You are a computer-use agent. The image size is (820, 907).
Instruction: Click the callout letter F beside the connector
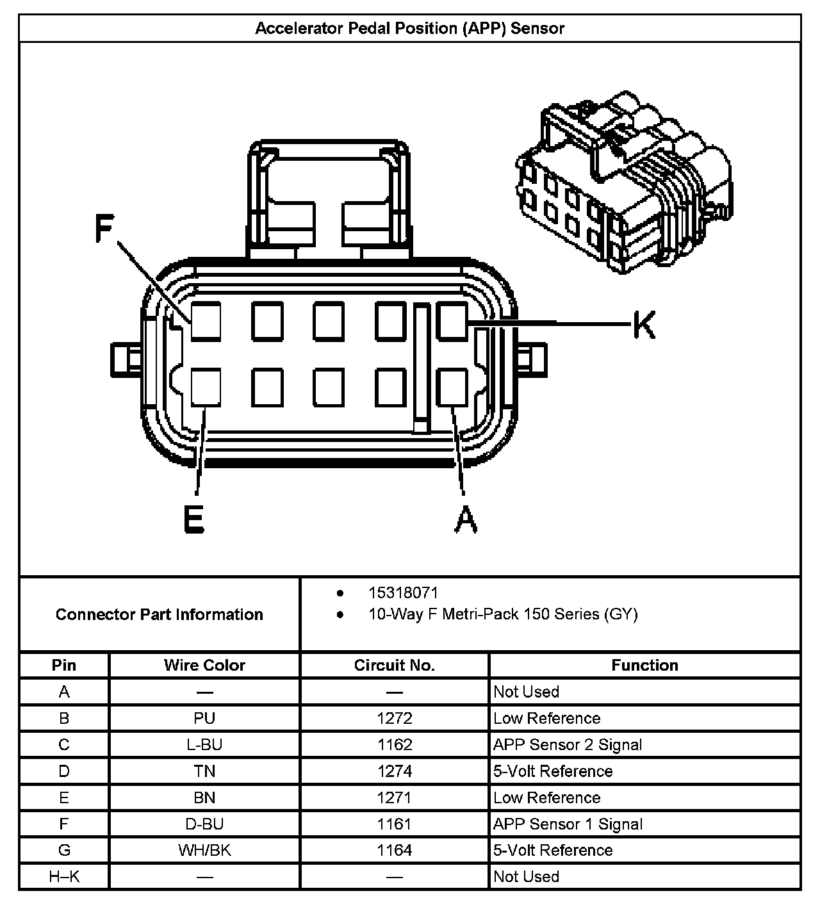click(104, 229)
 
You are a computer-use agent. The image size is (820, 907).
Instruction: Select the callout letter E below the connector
click(193, 519)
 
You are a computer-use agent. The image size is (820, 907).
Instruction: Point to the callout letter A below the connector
click(466, 519)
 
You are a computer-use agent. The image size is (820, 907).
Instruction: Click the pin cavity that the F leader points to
click(206, 321)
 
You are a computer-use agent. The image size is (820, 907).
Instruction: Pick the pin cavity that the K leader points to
click(452, 321)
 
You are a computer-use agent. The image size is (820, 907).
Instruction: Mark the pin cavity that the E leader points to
click(206, 388)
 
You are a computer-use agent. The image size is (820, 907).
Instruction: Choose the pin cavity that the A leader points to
click(452, 388)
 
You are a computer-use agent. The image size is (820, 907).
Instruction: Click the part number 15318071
click(403, 593)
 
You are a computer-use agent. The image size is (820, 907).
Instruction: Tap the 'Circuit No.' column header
click(394, 666)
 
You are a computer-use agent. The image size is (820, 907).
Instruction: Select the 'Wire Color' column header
click(204, 666)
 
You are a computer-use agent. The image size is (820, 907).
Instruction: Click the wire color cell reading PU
click(204, 719)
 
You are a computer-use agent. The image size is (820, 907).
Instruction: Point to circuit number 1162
click(395, 745)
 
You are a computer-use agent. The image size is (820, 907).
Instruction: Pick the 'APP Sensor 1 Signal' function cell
click(568, 824)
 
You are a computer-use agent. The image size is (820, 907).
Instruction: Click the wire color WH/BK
click(204, 851)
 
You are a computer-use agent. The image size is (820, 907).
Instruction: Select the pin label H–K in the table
click(64, 877)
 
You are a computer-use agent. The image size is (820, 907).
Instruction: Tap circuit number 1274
click(395, 771)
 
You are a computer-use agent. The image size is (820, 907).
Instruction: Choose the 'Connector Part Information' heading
click(160, 615)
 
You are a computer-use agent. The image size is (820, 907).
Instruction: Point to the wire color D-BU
click(204, 824)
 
